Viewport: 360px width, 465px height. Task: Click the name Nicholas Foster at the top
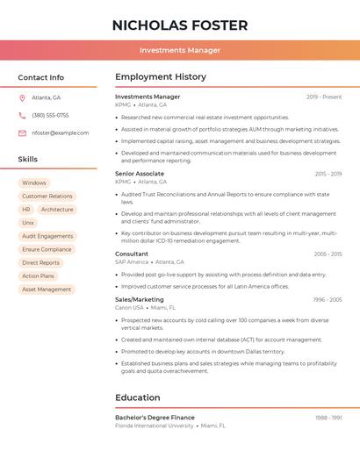(x=180, y=25)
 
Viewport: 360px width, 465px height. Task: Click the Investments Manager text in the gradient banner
(x=180, y=50)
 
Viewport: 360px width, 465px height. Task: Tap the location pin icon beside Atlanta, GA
(x=22, y=97)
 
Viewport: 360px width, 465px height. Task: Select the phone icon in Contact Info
(x=22, y=115)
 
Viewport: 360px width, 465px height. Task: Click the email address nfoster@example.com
(x=60, y=133)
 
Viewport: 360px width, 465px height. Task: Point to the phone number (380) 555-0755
(x=50, y=115)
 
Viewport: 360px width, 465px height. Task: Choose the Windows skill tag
(x=34, y=183)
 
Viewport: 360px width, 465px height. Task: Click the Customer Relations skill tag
(x=47, y=197)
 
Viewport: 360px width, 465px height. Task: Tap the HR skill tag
(x=26, y=210)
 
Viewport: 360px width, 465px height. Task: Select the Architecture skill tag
(x=57, y=210)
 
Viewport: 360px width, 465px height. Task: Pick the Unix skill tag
(x=28, y=223)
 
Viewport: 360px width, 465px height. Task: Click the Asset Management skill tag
(x=47, y=290)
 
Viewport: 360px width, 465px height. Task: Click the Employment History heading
(x=160, y=77)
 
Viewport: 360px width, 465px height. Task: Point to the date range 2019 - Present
(x=324, y=97)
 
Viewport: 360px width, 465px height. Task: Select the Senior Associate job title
(x=140, y=174)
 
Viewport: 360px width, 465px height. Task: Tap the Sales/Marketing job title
(x=140, y=300)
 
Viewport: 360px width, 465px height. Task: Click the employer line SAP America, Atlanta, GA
(x=149, y=262)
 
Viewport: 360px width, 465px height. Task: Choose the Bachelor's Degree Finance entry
(x=155, y=418)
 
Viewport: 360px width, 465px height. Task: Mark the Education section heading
(x=137, y=397)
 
